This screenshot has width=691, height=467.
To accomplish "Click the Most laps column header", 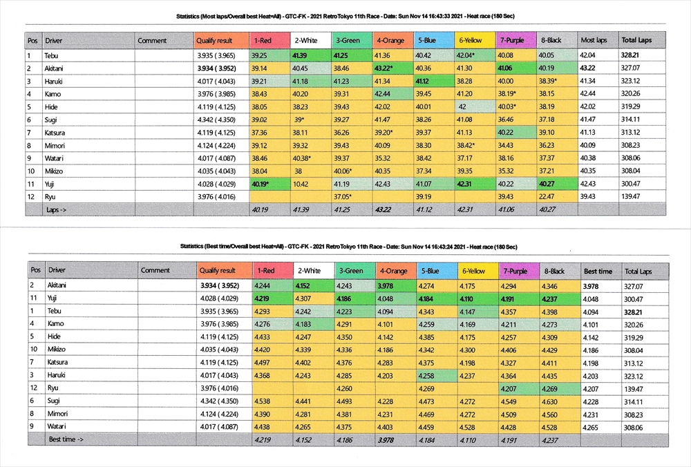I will (593, 41).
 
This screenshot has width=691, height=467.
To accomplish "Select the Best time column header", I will (598, 271).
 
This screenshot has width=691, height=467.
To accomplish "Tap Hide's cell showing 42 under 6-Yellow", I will (462, 107).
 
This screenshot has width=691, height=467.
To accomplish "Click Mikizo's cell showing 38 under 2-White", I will (298, 171).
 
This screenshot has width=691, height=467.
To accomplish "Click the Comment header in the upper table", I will (152, 41).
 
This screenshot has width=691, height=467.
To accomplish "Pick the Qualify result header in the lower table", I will (218, 271).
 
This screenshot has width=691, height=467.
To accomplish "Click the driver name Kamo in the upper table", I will (52, 94).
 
